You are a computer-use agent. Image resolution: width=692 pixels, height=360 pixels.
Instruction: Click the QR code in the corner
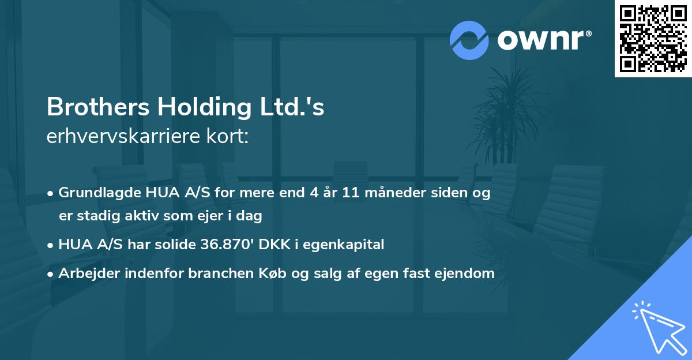653,38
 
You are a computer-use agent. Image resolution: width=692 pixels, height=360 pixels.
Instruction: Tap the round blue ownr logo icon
469,40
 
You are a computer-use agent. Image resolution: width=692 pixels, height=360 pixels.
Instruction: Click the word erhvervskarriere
122,137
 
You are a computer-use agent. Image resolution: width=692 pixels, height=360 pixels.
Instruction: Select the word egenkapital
348,245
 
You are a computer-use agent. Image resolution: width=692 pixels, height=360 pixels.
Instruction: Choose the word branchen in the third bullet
217,273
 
